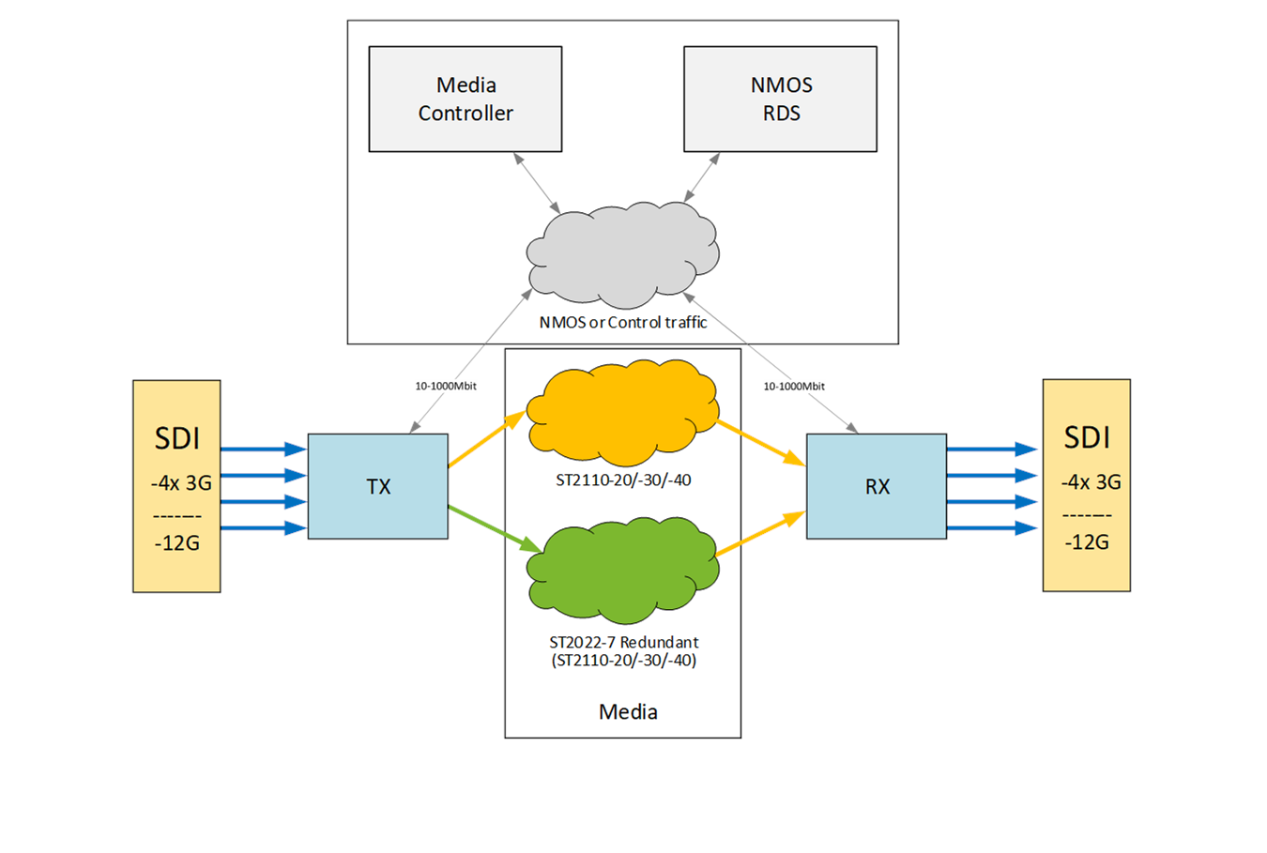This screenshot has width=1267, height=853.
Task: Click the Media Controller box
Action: pos(466,99)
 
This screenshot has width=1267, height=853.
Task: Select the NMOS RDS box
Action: pos(780,99)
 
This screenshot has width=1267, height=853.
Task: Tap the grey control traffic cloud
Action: pos(622,254)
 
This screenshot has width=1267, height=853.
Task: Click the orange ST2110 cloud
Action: pos(622,413)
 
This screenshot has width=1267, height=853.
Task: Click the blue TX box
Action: pos(378,486)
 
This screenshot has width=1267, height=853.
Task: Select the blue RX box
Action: pos(877,486)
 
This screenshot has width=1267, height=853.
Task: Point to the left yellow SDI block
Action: pos(176,486)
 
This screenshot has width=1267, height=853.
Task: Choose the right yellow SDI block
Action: pos(1086,485)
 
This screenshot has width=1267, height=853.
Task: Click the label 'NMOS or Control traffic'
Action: pos(622,322)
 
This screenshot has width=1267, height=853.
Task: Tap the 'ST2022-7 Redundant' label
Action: pos(623,642)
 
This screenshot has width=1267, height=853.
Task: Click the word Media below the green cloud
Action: pos(628,711)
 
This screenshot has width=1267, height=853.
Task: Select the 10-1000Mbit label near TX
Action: pos(446,386)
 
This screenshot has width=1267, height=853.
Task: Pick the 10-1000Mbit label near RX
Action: pos(794,386)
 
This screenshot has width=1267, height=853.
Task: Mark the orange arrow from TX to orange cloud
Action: pos(486,439)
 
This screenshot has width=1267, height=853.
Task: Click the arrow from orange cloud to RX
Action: pos(760,443)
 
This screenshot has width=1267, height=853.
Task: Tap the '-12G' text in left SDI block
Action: pos(176,542)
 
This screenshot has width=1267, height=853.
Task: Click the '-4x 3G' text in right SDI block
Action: pos(1091,481)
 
